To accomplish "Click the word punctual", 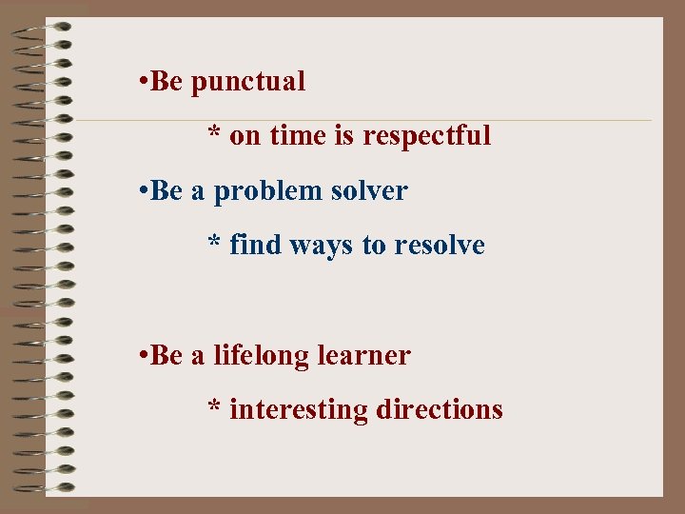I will click(x=248, y=83).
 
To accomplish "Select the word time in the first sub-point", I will click(x=298, y=136).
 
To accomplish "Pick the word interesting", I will click(x=299, y=410).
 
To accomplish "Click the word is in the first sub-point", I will click(x=343, y=136).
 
